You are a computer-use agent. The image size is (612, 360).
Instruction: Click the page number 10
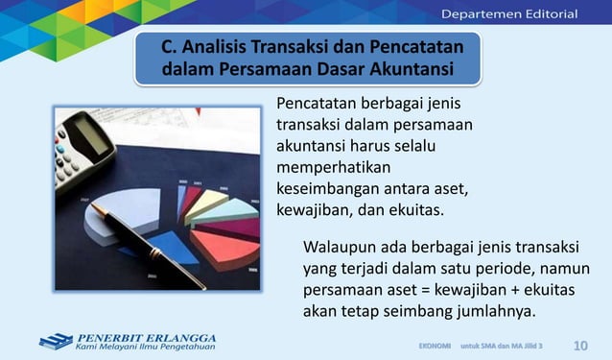(x=580, y=344)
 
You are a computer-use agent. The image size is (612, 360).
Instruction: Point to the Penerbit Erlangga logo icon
(x=56, y=341)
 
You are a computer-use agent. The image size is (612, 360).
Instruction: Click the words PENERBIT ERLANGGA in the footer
(x=146, y=337)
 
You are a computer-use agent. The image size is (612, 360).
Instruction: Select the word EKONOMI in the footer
(x=435, y=344)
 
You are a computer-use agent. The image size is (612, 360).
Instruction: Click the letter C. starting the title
(x=169, y=46)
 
